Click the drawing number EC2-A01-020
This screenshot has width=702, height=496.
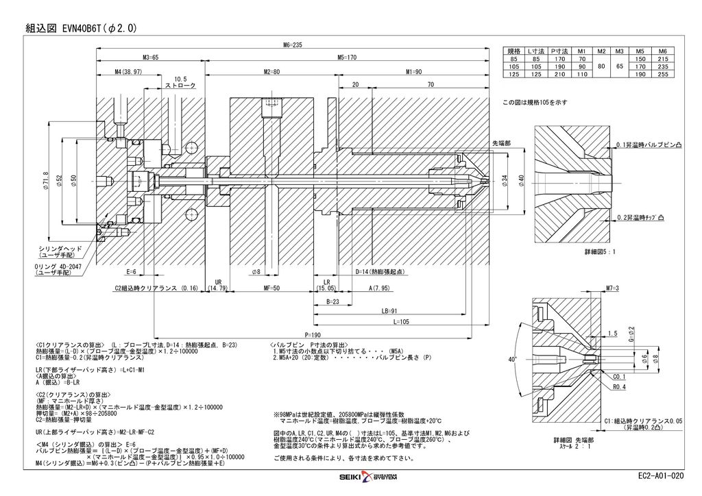pos(659,475)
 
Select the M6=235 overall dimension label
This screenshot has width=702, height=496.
pos(292,45)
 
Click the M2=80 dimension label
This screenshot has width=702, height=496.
pos(271,71)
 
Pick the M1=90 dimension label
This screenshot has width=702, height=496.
pos(413,71)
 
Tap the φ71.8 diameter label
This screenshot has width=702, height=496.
pos(45,182)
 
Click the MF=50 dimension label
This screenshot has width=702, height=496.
pos(272,289)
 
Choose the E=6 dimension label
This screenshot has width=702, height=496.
pos(131,272)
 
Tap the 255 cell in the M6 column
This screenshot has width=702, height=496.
pos(662,74)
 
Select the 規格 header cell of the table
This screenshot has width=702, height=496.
pos(514,51)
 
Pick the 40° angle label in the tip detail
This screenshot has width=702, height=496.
pos(511,359)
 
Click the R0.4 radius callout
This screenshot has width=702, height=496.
pos(619,387)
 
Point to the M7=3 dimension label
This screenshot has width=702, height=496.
pos(612,287)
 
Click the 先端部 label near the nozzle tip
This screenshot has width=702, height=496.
pos(501,142)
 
